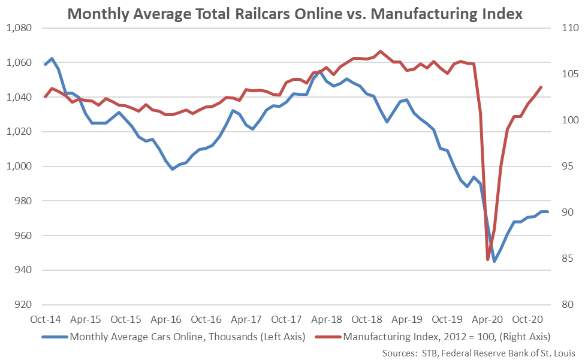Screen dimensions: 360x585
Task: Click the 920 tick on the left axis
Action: click(20, 305)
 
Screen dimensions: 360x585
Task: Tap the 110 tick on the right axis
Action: click(566, 28)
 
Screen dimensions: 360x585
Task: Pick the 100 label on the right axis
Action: click(566, 120)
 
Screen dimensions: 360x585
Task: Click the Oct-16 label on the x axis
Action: click(209, 319)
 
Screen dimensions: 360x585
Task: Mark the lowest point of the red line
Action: click(488, 259)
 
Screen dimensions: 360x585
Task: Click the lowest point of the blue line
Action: click(494, 262)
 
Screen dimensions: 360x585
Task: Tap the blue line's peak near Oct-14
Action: click(52, 58)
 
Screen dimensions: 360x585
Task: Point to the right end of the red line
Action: click(541, 87)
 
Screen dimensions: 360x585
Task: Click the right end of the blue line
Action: click(547, 211)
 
